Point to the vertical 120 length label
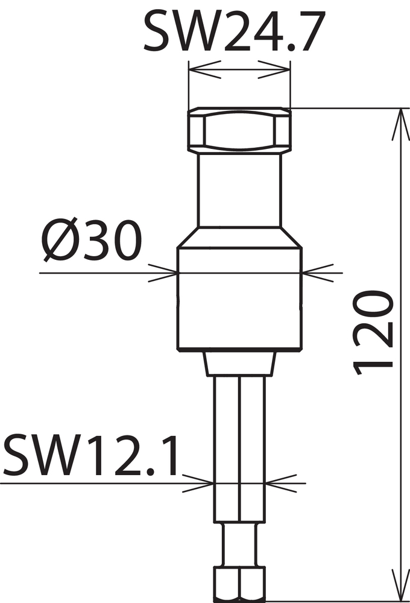(x=373, y=333)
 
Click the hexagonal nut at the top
(x=239, y=130)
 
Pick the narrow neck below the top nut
(x=239, y=190)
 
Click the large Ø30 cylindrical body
(x=239, y=299)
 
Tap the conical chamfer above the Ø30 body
(x=239, y=237)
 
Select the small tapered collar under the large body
(x=240, y=364)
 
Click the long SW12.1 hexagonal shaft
(x=239, y=449)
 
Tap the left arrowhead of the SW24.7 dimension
(x=205, y=69)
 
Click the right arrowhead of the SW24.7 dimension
(x=274, y=69)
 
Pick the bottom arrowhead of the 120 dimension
(x=401, y=584)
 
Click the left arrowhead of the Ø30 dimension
(x=163, y=273)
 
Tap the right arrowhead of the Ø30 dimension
(x=318, y=273)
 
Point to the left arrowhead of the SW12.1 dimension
(x=198, y=483)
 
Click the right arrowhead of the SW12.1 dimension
(x=282, y=483)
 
